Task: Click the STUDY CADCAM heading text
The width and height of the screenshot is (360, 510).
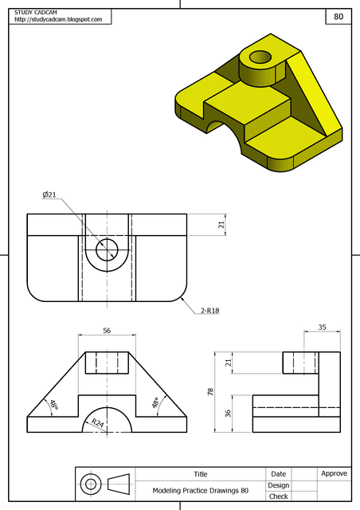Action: point(34,12)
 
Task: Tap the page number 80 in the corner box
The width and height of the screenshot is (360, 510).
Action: point(338,16)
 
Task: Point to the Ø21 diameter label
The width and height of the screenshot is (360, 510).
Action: point(49,194)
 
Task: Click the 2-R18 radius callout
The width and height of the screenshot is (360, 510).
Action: point(209,310)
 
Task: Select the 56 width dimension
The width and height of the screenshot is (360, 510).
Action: point(107,330)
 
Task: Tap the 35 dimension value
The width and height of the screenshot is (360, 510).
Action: point(322,327)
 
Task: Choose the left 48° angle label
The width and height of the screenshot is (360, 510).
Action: point(53,405)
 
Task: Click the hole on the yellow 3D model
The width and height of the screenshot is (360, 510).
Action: point(260,57)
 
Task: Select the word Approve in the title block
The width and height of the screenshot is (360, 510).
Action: point(334,473)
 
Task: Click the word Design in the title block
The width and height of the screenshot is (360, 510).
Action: point(278,484)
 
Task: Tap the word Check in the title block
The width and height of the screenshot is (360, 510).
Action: point(278,496)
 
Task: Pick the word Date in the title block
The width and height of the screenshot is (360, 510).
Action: point(278,473)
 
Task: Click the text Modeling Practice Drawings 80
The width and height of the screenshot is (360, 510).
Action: point(200,490)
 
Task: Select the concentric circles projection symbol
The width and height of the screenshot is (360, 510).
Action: point(91,484)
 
